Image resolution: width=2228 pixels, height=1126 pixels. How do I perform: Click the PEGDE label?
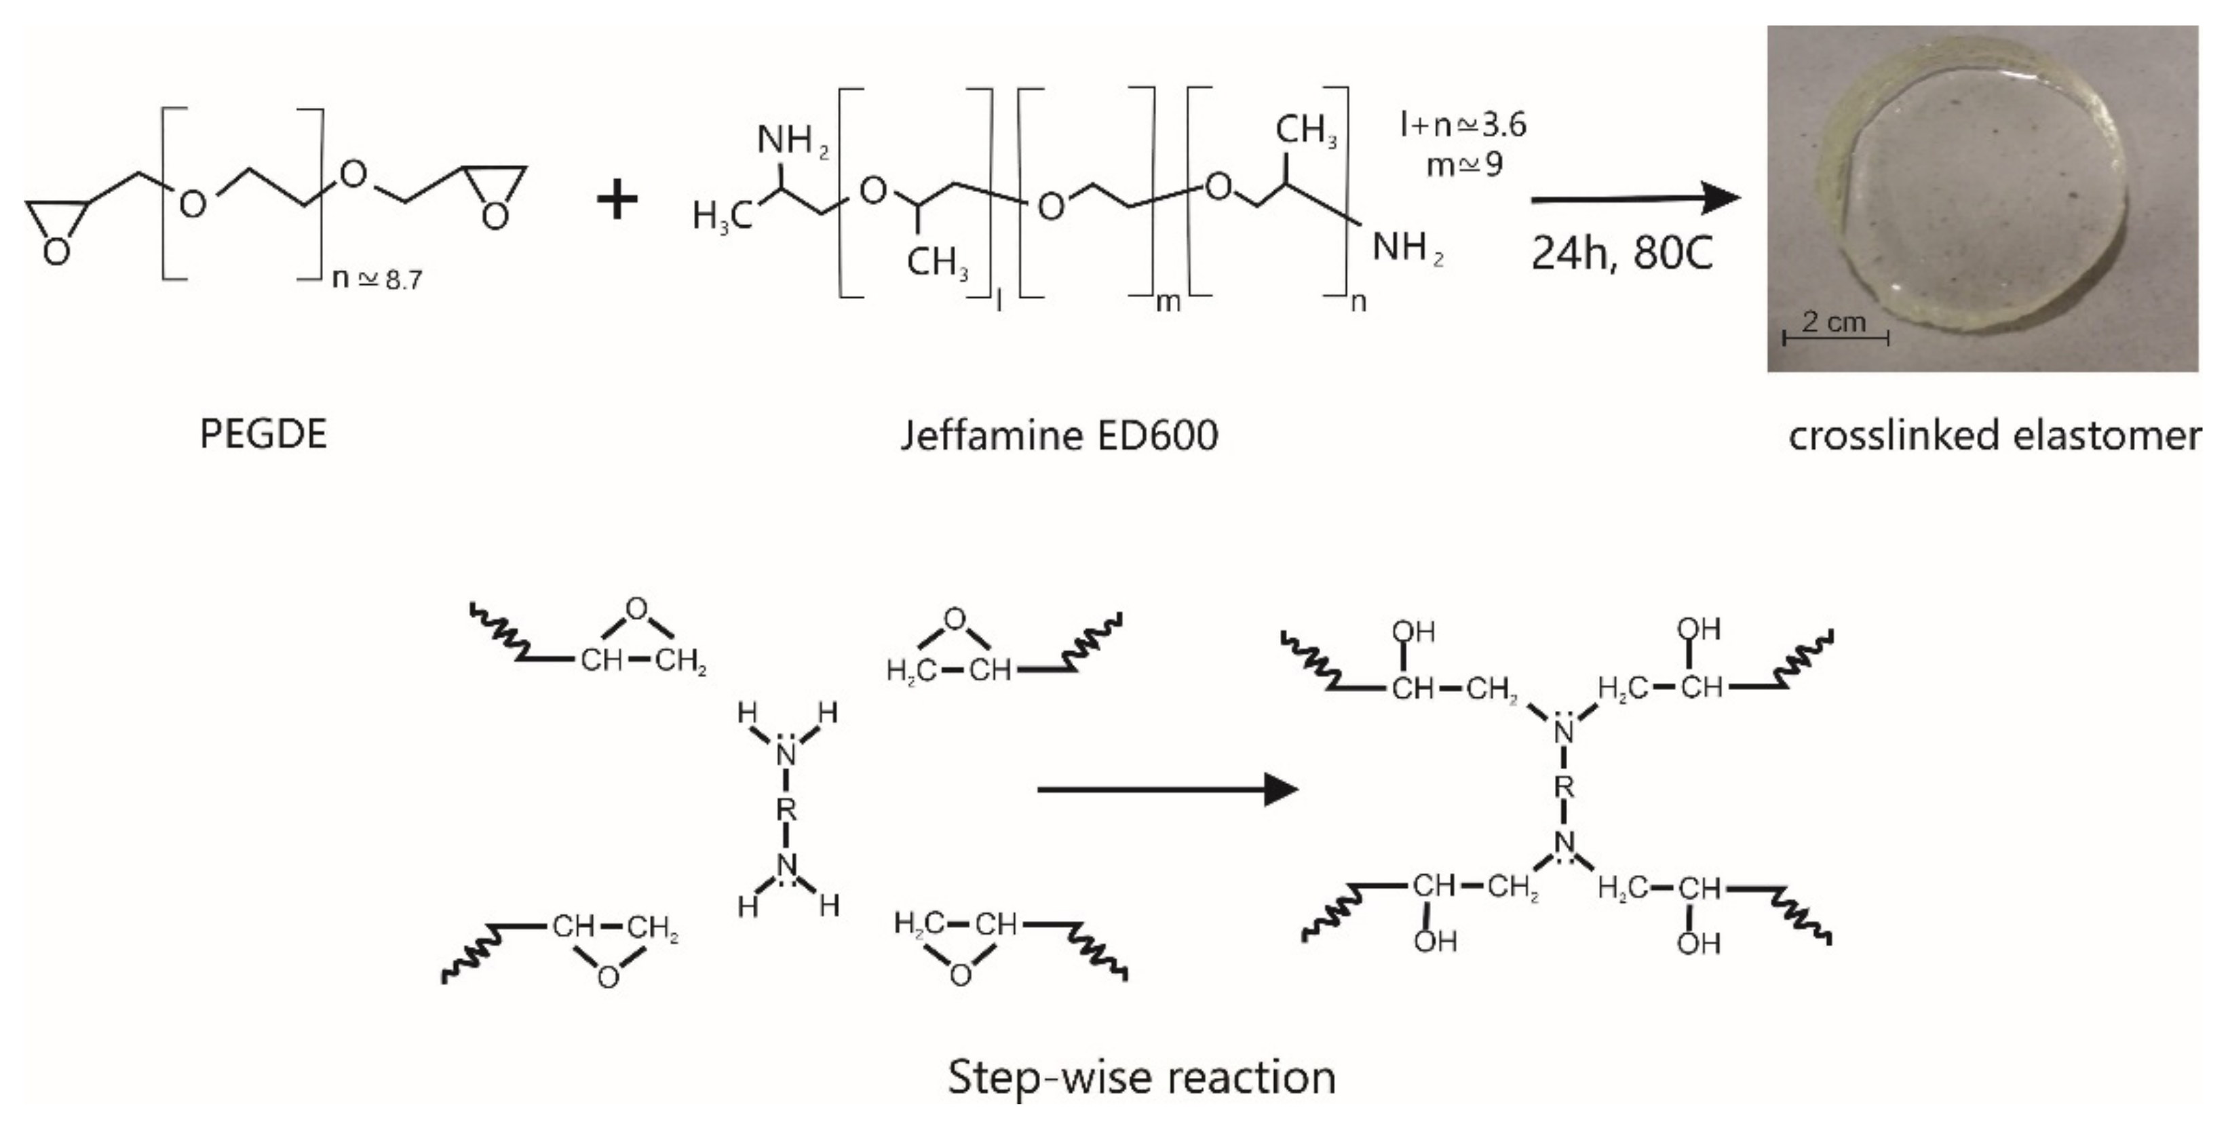[x=263, y=434]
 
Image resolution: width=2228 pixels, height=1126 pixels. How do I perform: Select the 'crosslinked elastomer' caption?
[x=1994, y=434]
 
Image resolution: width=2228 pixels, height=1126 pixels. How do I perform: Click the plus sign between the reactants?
[x=617, y=201]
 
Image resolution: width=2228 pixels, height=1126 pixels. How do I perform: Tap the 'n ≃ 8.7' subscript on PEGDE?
[x=377, y=279]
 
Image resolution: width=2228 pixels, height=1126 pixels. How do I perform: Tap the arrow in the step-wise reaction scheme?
[x=1167, y=789]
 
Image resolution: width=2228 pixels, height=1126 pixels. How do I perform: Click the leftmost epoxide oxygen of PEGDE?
[x=56, y=252]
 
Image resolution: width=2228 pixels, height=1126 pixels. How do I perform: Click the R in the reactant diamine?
[x=786, y=809]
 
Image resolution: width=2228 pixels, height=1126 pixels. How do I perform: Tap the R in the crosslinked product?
[x=1564, y=787]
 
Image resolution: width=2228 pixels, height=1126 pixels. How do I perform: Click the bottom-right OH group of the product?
[x=1698, y=943]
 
